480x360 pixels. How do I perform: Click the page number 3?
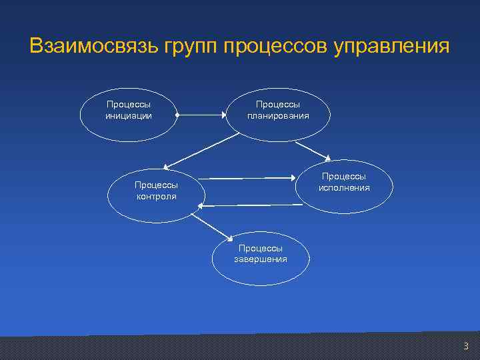point(466,345)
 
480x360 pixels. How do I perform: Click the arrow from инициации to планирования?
point(203,116)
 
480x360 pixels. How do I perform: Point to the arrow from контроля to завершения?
point(212,227)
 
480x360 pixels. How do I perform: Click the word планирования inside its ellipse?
point(278,116)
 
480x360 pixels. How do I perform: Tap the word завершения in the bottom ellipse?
point(261,259)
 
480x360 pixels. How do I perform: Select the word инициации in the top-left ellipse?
point(128,116)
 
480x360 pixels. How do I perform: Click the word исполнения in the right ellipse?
point(344,188)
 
